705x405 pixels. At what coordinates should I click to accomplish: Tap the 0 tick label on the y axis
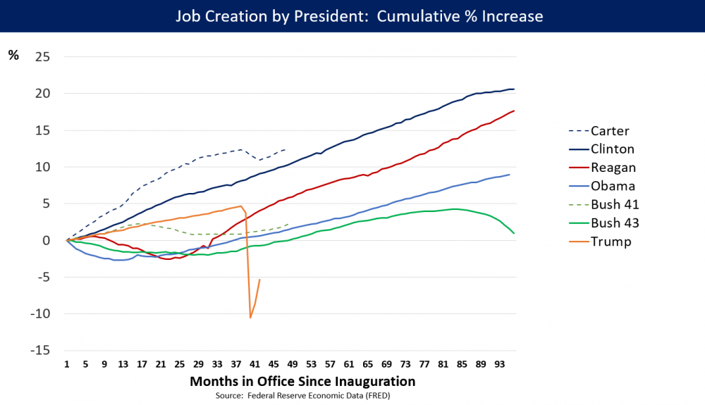pos(46,240)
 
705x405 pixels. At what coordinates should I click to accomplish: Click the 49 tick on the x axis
pos(291,364)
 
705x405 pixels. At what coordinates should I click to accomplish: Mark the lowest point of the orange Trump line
pos(250,318)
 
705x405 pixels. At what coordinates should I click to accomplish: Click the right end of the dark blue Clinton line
pos(514,89)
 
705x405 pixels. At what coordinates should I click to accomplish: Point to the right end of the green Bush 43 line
pos(514,233)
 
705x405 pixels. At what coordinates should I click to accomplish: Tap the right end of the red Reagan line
pos(514,111)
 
